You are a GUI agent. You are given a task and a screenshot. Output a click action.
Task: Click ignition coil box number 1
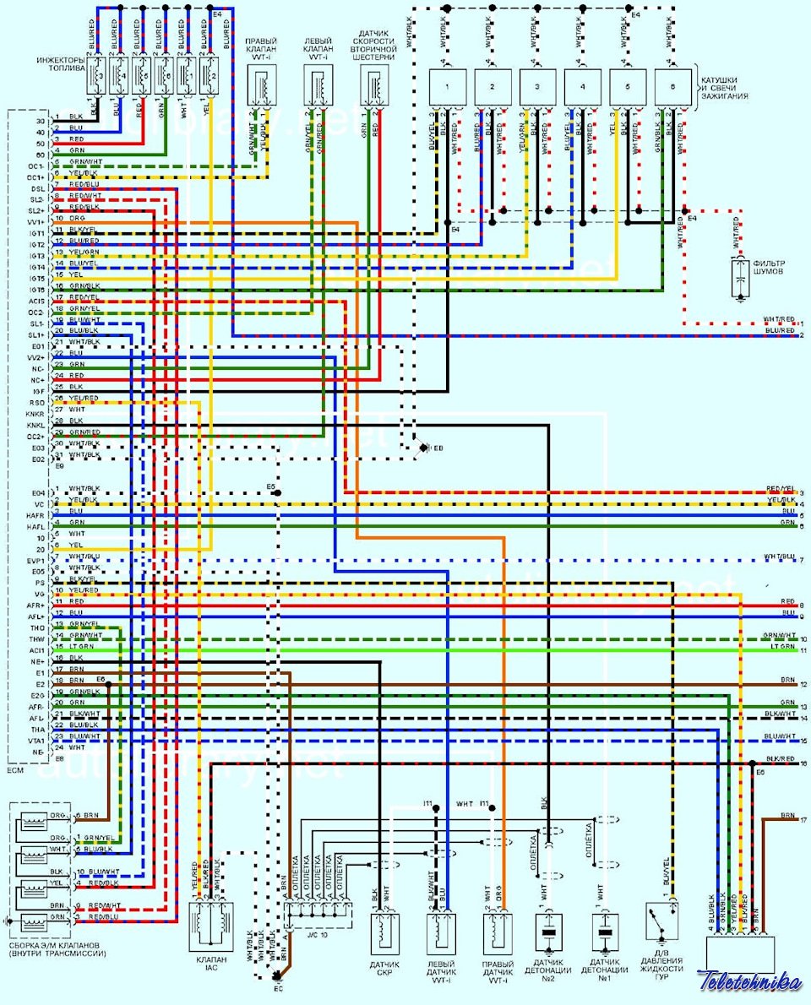(x=449, y=87)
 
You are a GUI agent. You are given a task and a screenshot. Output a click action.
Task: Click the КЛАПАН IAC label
(x=210, y=964)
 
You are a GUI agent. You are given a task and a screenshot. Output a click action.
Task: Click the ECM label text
(x=16, y=771)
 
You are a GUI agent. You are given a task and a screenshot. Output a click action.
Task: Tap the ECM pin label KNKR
(x=35, y=415)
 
